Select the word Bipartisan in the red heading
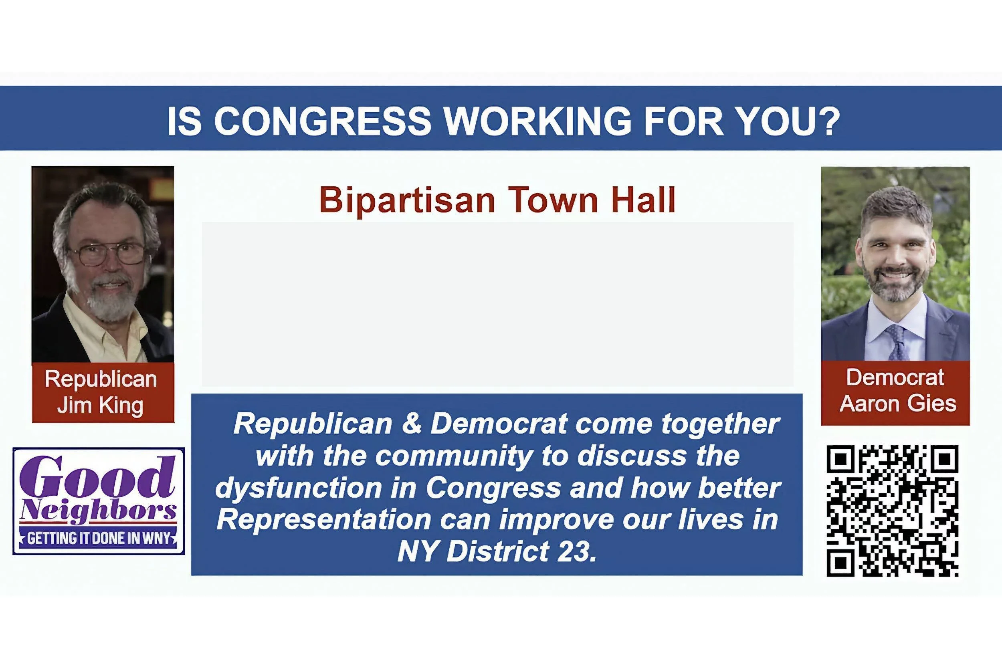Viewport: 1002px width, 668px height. click(x=406, y=200)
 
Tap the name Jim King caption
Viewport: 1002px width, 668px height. click(x=101, y=405)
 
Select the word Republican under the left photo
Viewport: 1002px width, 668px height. click(x=101, y=379)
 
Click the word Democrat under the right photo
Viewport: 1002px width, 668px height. click(x=895, y=377)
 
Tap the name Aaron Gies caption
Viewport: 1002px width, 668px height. click(x=898, y=404)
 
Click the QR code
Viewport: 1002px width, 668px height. click(x=893, y=511)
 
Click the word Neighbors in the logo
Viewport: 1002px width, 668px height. click(x=99, y=511)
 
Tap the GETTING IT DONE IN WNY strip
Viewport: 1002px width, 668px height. click(x=99, y=539)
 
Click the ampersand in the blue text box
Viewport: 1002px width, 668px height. click(x=411, y=424)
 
